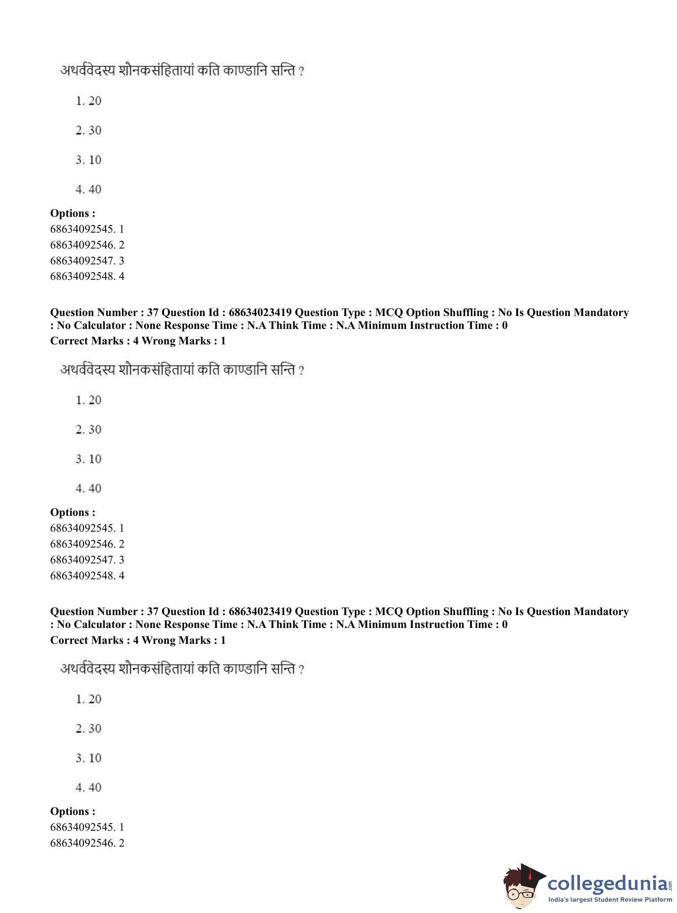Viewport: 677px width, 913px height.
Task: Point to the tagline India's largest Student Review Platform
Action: tap(610, 900)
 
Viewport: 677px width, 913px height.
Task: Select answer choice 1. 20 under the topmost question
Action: tap(88, 101)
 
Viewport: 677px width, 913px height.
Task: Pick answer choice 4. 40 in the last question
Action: tap(88, 787)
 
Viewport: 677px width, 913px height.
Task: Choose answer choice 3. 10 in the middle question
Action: tap(88, 459)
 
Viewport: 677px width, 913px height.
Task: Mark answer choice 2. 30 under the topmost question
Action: tap(88, 130)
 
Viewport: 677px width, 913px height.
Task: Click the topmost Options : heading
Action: tap(73, 213)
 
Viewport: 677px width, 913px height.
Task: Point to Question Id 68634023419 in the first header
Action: tap(260, 313)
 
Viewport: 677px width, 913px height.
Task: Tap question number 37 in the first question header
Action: tap(152, 313)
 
